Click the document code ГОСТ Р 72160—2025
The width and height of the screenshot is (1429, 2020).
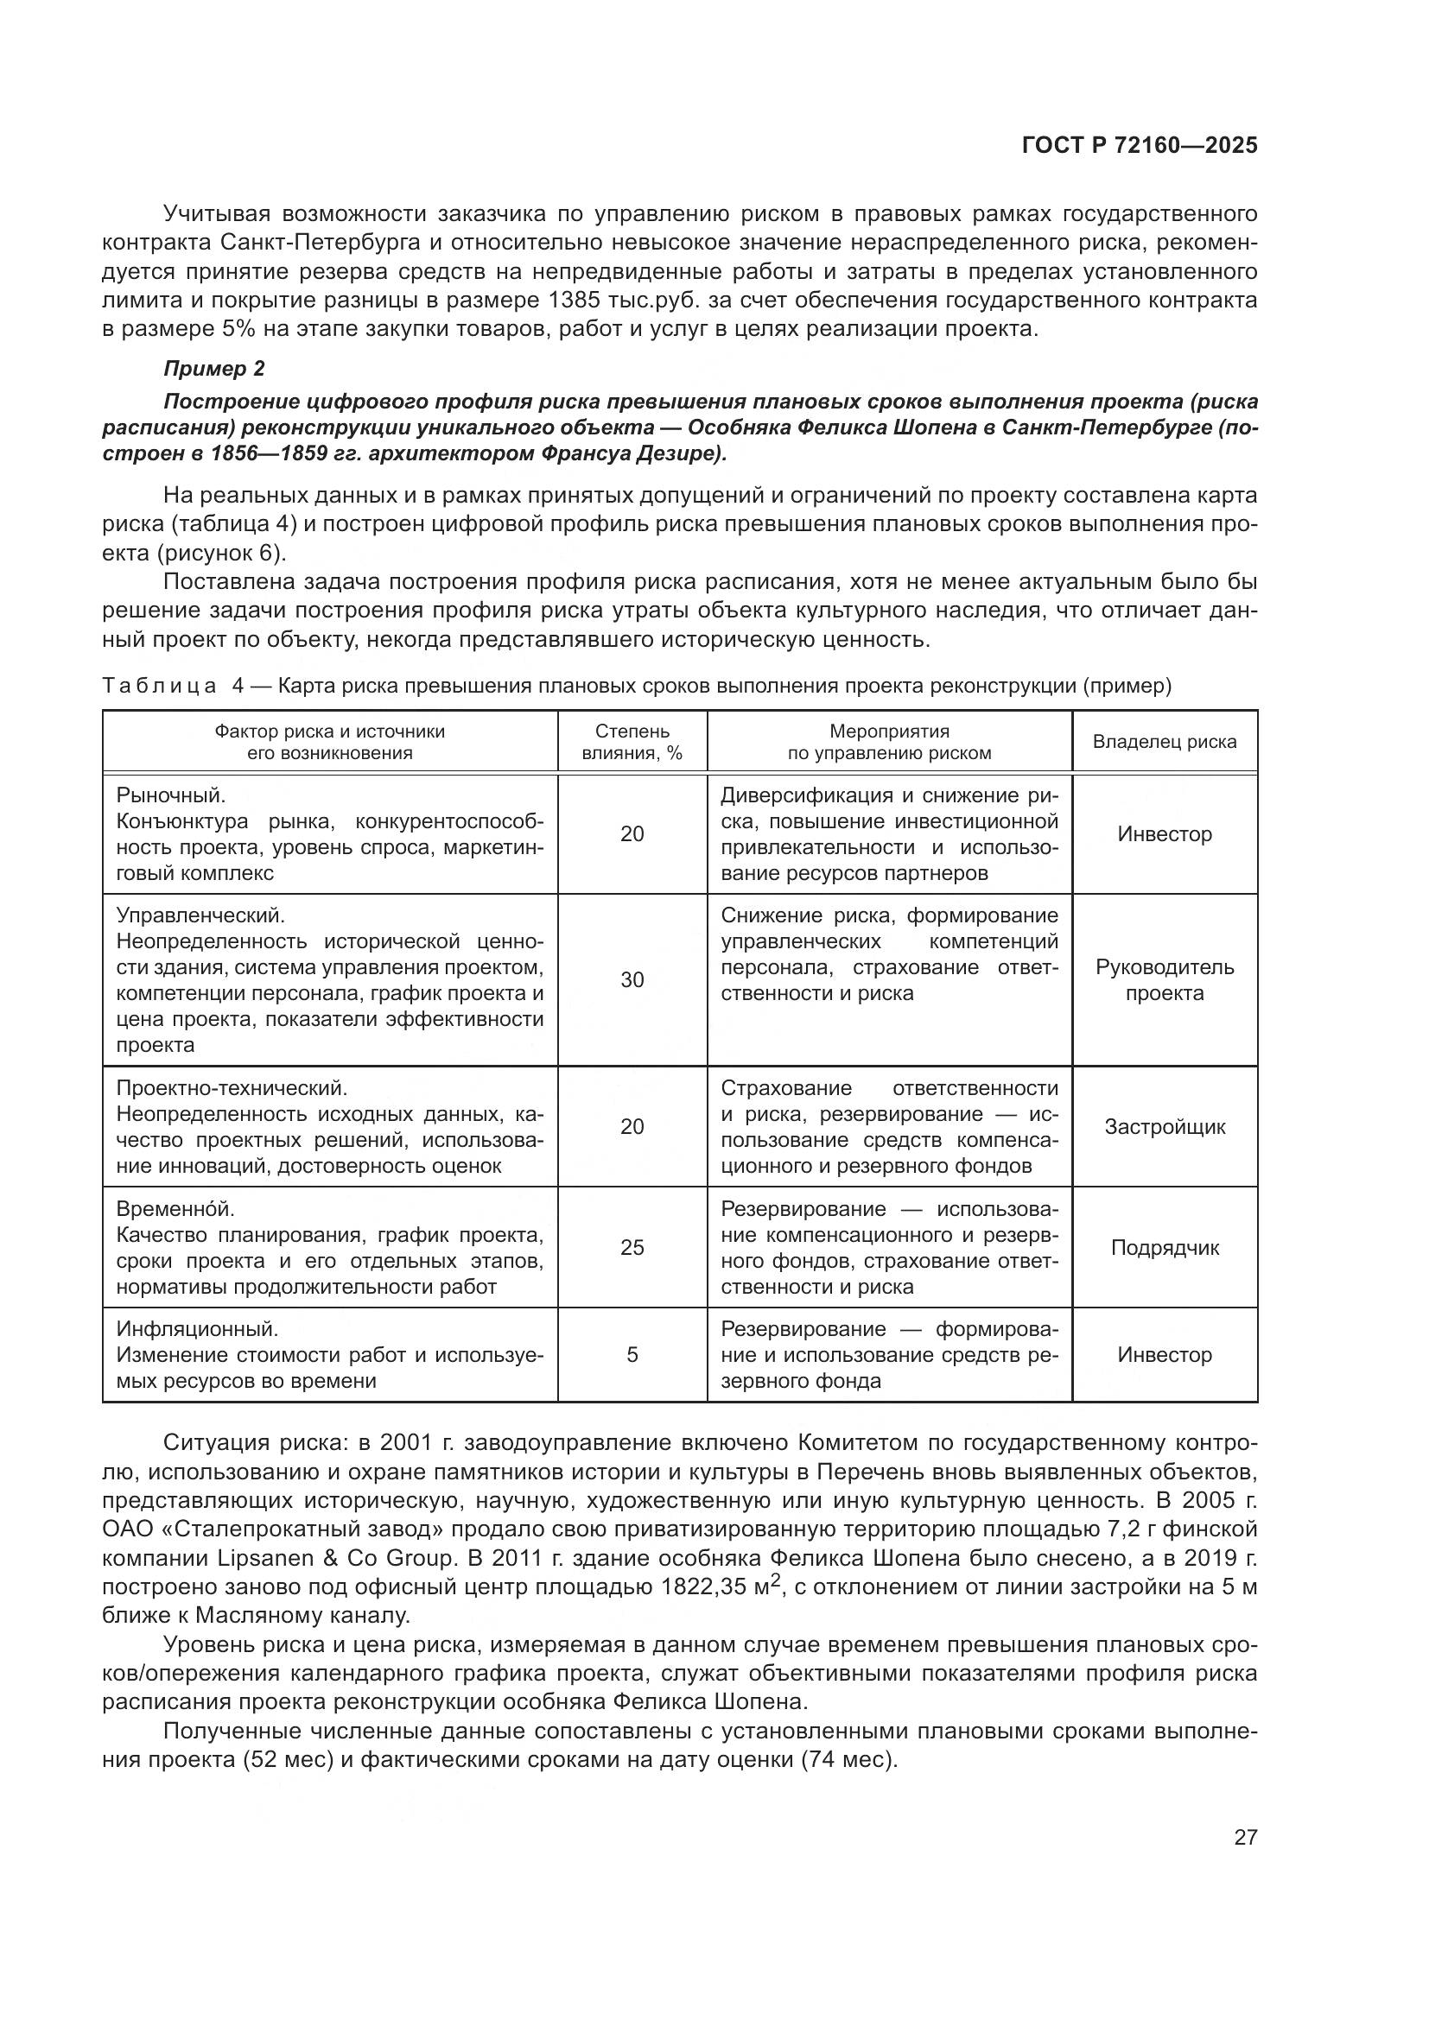click(x=1139, y=146)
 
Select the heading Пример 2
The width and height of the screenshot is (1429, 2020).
click(x=213, y=369)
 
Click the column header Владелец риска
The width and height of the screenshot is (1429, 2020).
click(x=1164, y=742)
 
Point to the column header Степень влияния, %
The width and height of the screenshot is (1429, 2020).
click(x=632, y=742)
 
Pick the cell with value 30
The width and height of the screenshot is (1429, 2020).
click(x=632, y=980)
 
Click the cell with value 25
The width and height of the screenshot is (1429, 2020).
click(x=632, y=1248)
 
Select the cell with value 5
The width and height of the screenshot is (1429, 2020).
click(x=632, y=1355)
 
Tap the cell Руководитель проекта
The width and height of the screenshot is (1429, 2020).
click(x=1164, y=980)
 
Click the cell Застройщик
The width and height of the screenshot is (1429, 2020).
click(x=1164, y=1127)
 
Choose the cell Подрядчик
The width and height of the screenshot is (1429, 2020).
click(x=1164, y=1248)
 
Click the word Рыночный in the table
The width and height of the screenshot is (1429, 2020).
click(x=170, y=795)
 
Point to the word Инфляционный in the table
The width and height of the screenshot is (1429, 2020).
click(x=196, y=1328)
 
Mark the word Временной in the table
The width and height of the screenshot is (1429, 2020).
click(x=175, y=1209)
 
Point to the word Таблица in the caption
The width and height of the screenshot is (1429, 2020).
click(x=159, y=687)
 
